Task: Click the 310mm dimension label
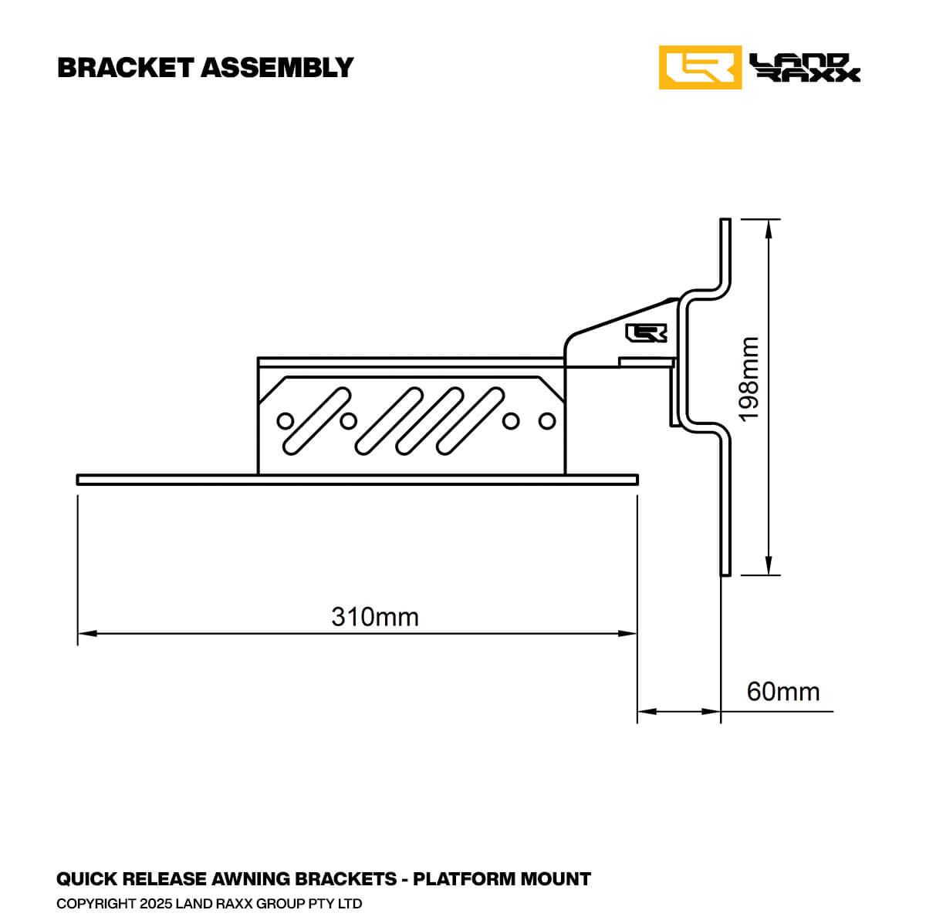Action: coord(375,617)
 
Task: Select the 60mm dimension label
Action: coord(782,692)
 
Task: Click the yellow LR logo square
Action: coord(700,68)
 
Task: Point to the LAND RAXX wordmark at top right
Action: coord(805,68)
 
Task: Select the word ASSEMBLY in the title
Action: coord(277,68)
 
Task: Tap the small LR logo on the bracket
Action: coord(646,332)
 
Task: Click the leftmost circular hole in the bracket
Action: coord(286,421)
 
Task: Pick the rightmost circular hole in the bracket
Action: coord(547,421)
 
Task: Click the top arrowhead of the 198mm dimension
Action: coord(768,228)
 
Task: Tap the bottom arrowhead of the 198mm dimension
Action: coord(768,566)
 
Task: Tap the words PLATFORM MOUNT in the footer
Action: coord(502,879)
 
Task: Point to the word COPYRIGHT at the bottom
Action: coord(96,903)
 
